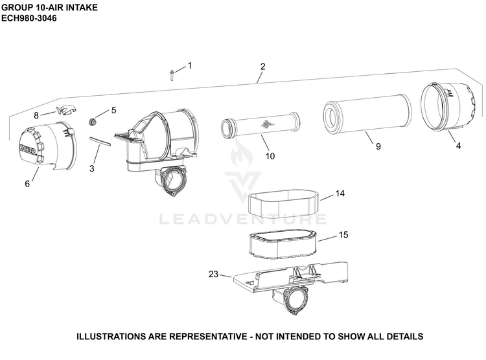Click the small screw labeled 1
(172, 75)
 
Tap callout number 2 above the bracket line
(263, 66)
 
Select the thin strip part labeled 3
(100, 141)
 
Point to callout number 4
(458, 145)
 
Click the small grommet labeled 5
(92, 122)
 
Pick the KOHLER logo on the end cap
(28, 149)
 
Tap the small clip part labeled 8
(66, 109)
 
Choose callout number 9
(378, 146)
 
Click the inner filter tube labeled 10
(260, 126)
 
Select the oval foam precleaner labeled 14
(284, 203)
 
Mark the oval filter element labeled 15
(284, 244)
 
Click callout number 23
(213, 274)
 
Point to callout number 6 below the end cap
(27, 184)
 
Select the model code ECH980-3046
(29, 18)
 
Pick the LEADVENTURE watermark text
(243, 219)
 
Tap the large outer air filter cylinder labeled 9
(367, 116)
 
